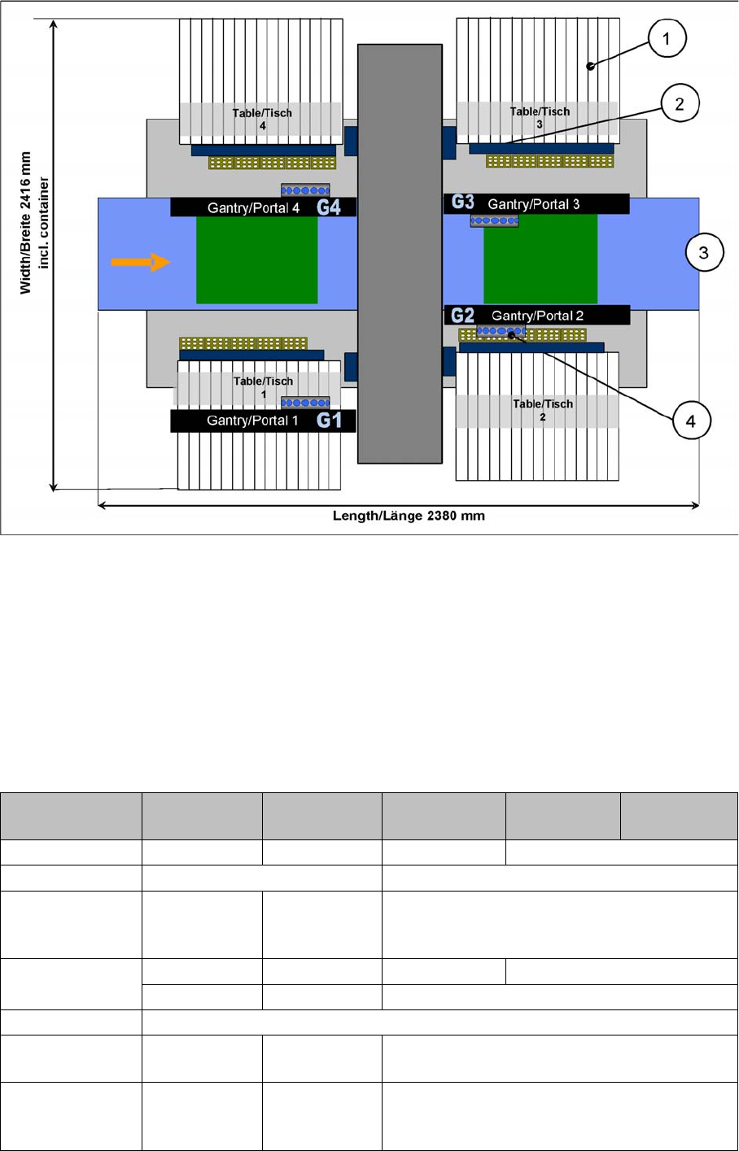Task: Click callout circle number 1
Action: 667,38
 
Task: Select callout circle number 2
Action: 680,103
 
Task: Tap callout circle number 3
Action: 704,253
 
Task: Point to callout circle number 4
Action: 691,421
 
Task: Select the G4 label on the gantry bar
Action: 329,207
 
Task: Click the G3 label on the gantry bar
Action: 462,202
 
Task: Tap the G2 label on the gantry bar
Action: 462,315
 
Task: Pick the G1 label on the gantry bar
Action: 329,421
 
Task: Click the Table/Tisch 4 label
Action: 262,119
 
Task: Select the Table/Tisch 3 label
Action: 540,117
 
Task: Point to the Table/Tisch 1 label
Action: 263,386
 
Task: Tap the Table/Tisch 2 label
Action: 543,409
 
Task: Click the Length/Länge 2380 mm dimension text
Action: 409,516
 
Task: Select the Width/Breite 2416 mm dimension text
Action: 27,223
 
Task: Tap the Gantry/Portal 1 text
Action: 252,421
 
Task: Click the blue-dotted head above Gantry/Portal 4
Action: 305,190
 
